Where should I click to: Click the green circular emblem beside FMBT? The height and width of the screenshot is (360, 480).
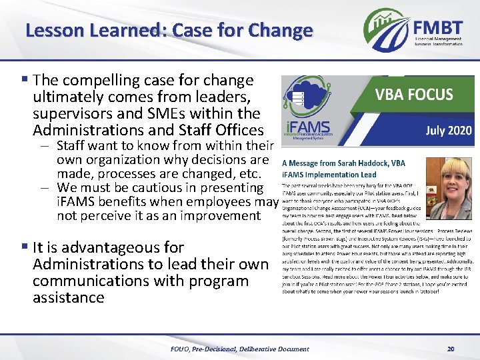(x=387, y=27)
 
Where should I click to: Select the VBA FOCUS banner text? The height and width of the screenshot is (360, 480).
(x=414, y=95)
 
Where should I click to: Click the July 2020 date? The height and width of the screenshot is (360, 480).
(x=449, y=130)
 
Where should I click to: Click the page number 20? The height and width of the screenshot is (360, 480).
(x=451, y=349)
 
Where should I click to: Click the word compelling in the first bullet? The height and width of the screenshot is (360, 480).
(x=97, y=81)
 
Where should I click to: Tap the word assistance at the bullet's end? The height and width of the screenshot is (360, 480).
(x=68, y=297)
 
